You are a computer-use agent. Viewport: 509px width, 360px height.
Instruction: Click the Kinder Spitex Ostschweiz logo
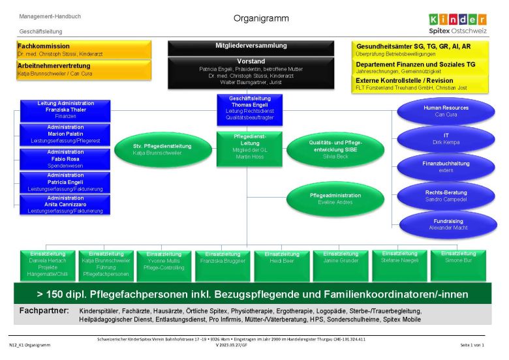coord(457,23)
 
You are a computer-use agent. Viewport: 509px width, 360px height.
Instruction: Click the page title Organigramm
coord(261,18)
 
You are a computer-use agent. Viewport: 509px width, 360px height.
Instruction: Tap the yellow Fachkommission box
coord(84,50)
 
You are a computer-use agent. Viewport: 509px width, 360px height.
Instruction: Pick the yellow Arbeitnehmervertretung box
coord(84,69)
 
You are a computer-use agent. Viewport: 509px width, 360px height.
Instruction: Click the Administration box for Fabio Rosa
coord(65,159)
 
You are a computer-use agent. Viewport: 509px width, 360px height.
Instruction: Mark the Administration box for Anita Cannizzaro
coord(65,204)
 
